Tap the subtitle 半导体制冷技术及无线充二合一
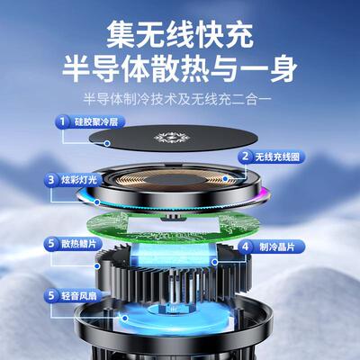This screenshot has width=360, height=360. [180, 97]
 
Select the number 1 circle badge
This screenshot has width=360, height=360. [64, 120]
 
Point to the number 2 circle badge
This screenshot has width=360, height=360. [244, 155]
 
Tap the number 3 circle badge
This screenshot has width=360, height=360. [51, 180]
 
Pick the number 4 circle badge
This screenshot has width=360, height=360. [244, 245]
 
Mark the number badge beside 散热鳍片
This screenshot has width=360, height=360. [51, 244]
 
